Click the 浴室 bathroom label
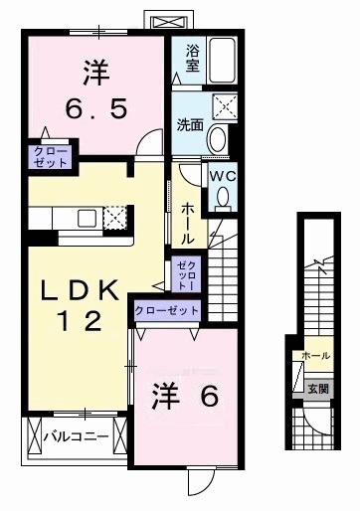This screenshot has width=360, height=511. point(191,60)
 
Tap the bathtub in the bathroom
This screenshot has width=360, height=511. point(222,60)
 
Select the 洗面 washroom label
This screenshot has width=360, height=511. point(190,126)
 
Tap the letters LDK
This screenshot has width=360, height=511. point(81,289)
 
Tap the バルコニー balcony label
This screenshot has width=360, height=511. point(73,434)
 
